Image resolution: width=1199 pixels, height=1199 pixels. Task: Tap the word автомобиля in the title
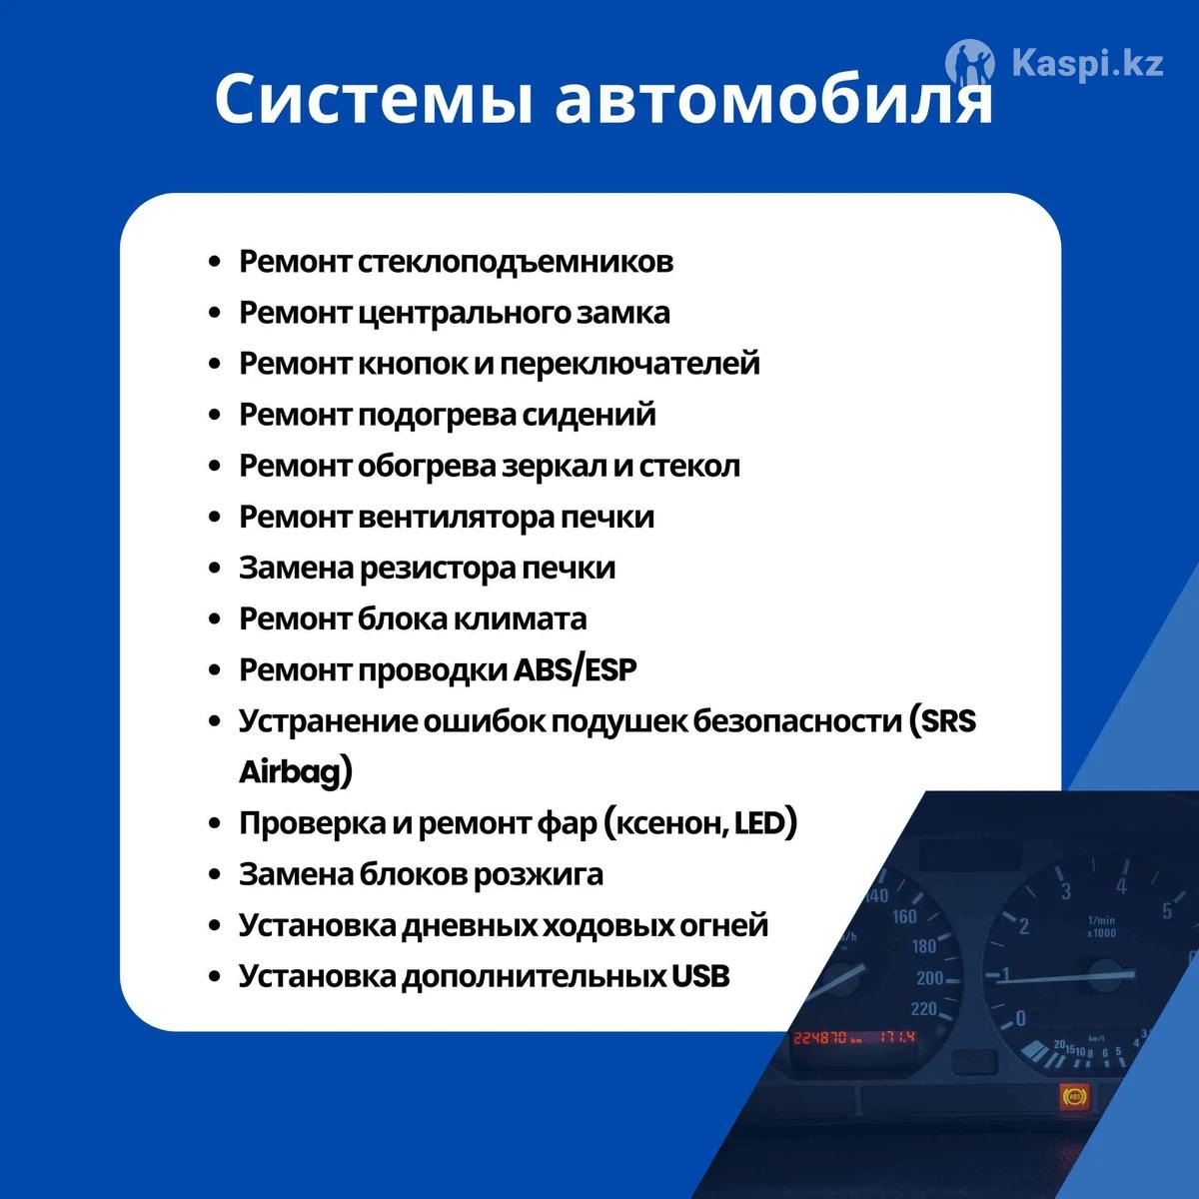pos(773,98)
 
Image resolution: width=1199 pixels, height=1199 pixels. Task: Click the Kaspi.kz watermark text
pos(1088,64)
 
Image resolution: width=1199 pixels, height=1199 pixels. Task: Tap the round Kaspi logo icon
pos(969,63)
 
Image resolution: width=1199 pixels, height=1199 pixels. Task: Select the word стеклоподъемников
pos(516,262)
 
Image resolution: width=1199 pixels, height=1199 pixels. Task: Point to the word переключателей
pos(629,364)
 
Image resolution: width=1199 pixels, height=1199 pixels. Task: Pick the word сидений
pos(589,415)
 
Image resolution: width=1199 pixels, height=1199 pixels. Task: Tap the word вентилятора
pos(457,518)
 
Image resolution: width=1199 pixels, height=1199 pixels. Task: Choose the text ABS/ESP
pos(575,670)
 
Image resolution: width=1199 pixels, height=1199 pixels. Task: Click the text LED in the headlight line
pos(759,823)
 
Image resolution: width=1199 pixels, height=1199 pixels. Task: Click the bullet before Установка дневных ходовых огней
pos(215,926)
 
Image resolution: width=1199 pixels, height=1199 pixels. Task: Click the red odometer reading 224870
pos(819,1037)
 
